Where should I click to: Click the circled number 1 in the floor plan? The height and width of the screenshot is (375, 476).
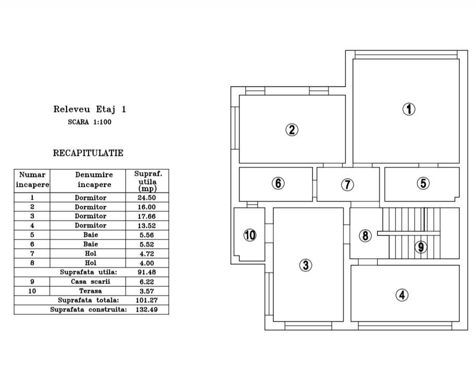(409, 109)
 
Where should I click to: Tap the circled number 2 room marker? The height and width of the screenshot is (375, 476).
(292, 130)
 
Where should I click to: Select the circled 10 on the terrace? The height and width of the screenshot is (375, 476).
(250, 235)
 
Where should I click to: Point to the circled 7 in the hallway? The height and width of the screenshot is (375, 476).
(347, 184)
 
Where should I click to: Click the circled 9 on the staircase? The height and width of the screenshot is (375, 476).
(421, 247)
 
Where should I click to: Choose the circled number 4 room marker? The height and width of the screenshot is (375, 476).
(402, 295)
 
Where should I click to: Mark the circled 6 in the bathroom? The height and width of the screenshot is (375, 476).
(278, 183)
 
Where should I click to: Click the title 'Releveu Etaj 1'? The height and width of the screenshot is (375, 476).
(90, 109)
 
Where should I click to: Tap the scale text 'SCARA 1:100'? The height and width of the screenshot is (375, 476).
(90, 122)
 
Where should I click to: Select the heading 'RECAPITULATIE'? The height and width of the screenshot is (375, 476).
(89, 153)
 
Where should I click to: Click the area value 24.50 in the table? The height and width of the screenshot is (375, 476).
(147, 198)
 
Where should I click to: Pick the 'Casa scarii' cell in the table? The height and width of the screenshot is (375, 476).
(91, 282)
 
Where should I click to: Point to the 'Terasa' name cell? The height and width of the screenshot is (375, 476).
(91, 291)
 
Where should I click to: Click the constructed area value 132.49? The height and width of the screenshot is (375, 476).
(147, 310)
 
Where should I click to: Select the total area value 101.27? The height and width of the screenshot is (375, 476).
(147, 301)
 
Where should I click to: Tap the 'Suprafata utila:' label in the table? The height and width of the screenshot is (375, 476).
(89, 272)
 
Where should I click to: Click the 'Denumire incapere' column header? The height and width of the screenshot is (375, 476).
(94, 180)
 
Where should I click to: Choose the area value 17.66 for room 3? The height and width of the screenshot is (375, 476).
(147, 216)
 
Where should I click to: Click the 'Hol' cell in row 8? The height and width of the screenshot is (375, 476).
(91, 263)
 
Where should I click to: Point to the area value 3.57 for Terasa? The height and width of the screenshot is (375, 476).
(147, 291)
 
